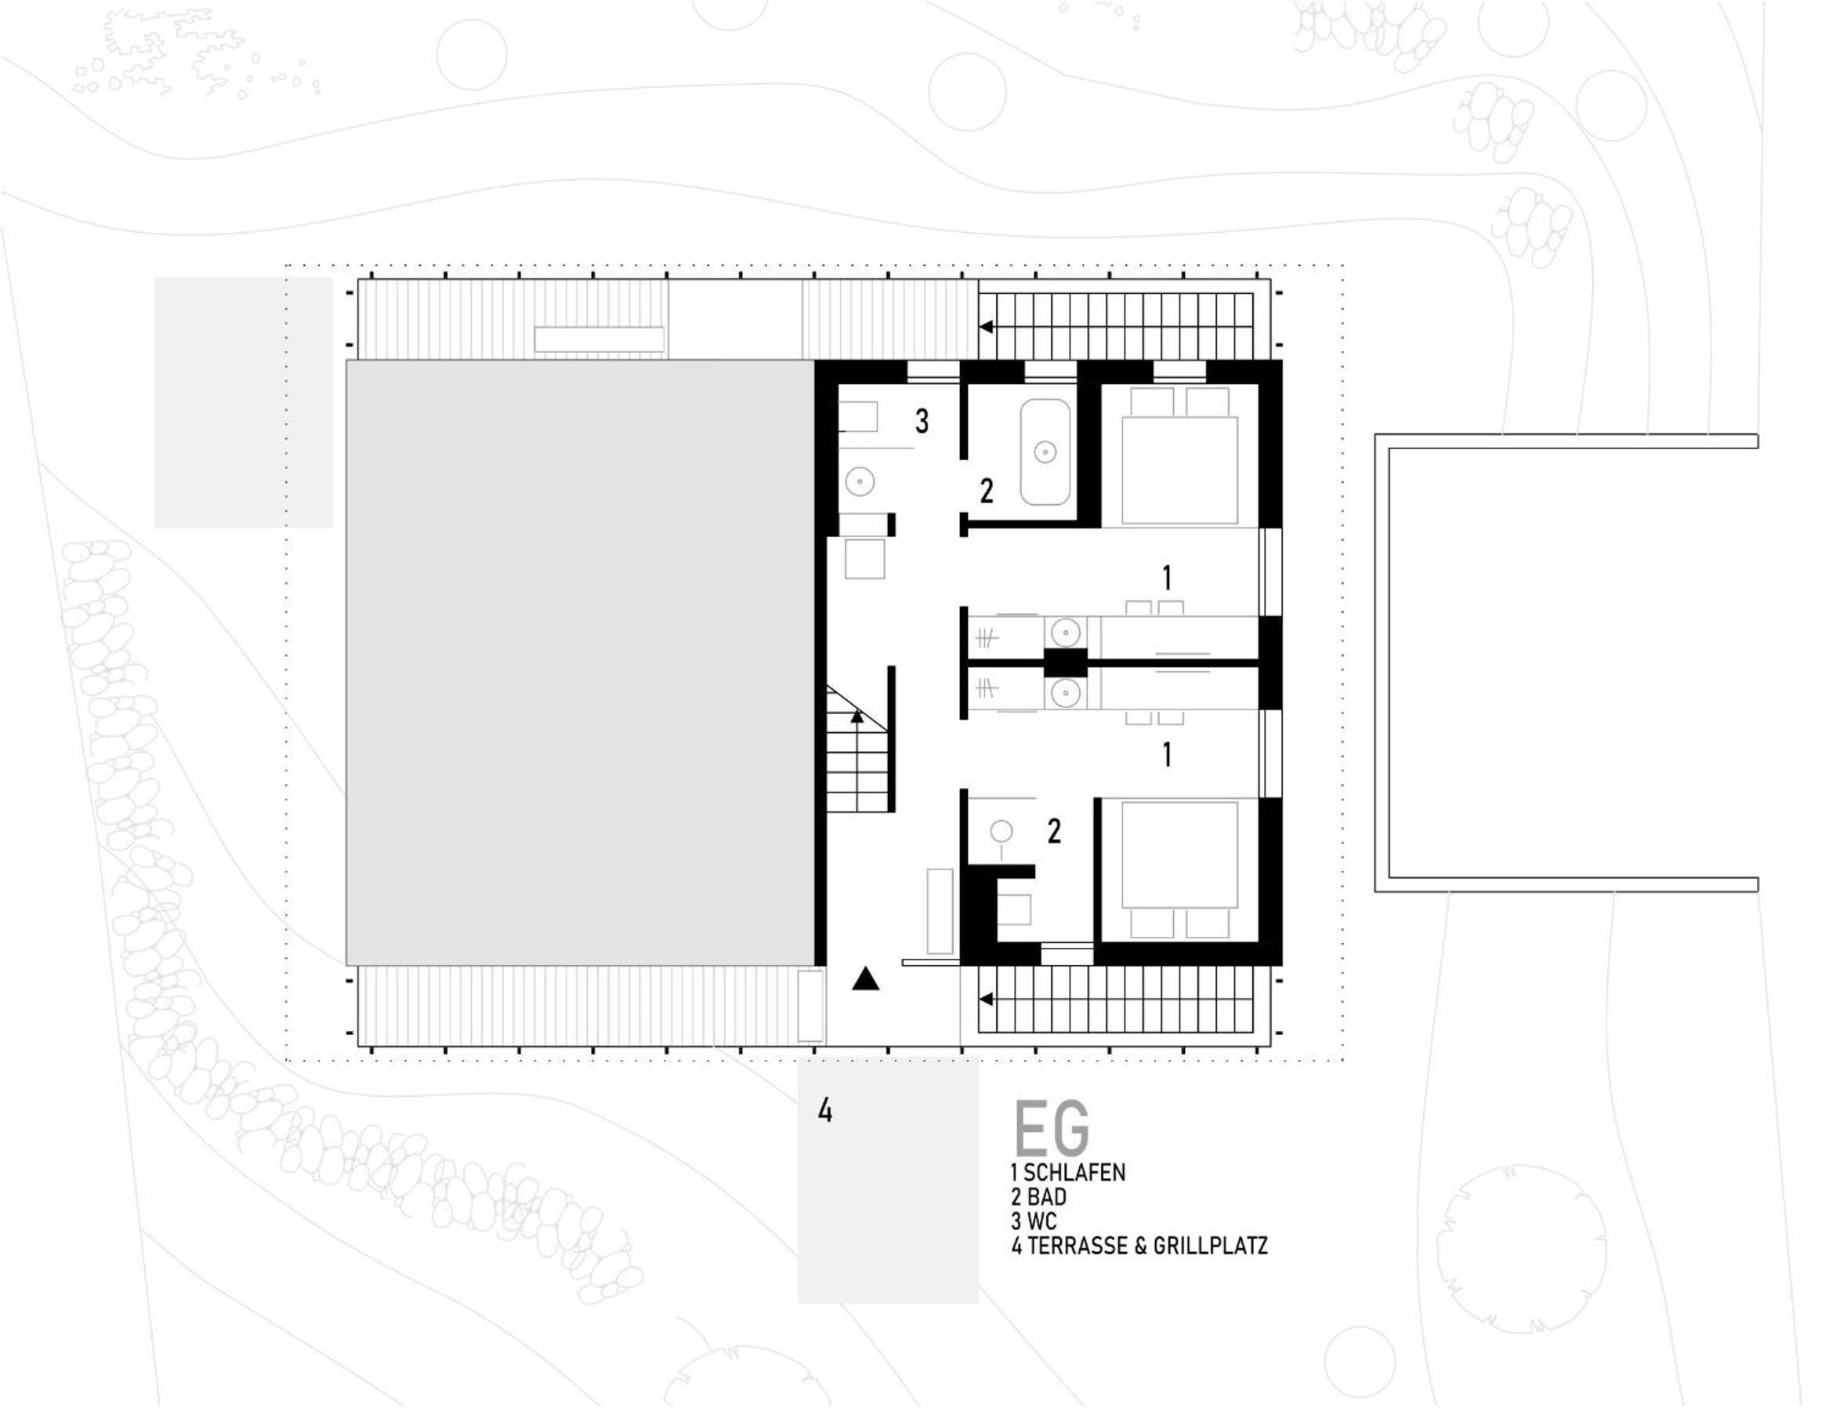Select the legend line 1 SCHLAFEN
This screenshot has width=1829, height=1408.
pos(1068,1172)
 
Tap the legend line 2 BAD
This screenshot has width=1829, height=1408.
pos(1038,1196)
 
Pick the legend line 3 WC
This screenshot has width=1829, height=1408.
pos(1034,1221)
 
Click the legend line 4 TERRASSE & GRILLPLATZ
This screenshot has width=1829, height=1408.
pos(1139,1246)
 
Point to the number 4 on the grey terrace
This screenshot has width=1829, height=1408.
pos(825,1112)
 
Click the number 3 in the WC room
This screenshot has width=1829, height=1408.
pos(922,421)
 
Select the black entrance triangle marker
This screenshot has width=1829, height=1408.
pos(866,979)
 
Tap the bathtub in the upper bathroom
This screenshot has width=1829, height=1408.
pos(1045,452)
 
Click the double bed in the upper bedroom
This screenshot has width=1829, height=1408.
pos(1179,455)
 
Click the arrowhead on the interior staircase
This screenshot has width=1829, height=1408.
pos(857,716)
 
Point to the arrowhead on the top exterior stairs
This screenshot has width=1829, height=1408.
pos(987,327)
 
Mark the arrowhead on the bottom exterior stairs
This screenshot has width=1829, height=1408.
pos(987,1000)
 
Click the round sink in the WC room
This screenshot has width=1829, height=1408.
pos(860,481)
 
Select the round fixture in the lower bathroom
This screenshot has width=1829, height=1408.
pos(1001,832)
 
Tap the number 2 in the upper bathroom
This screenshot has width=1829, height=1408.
pos(987,491)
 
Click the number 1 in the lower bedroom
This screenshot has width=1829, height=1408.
pos(1167,756)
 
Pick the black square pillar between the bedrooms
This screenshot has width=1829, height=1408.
pos(1065,663)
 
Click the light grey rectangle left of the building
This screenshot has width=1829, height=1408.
pos(243,403)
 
